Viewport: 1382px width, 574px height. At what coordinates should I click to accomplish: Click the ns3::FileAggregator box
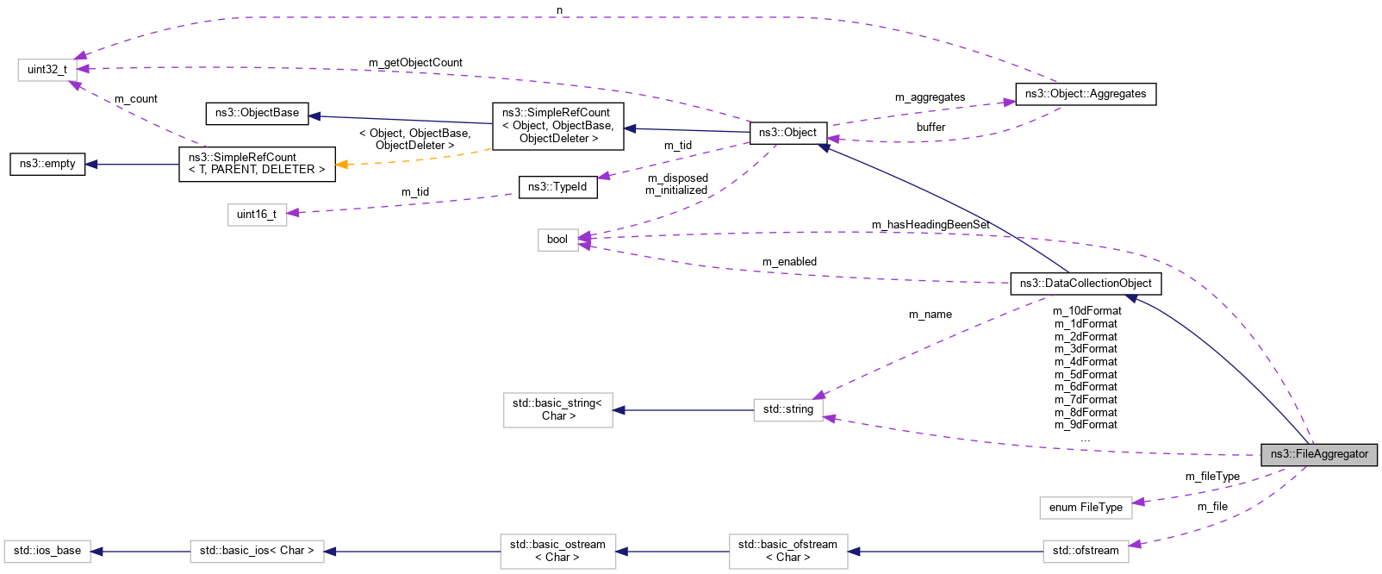point(1318,454)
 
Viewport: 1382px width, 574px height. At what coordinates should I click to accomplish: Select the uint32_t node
point(47,70)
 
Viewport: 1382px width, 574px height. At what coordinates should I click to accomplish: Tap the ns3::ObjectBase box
point(257,113)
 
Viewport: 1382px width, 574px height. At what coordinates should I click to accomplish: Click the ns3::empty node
point(47,164)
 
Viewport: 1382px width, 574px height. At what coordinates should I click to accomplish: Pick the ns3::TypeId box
point(557,187)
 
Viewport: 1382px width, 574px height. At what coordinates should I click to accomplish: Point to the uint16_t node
point(257,215)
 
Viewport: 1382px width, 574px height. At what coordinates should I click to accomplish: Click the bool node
point(557,240)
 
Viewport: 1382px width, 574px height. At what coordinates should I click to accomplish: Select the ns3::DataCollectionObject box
point(1086,284)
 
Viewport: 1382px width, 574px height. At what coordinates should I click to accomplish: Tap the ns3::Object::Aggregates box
point(1086,94)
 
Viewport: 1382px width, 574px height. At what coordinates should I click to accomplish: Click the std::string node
point(787,409)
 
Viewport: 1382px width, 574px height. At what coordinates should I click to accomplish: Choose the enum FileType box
point(1086,508)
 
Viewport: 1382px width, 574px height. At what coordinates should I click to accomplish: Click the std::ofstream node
point(1086,551)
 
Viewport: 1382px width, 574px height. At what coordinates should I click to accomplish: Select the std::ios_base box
point(47,551)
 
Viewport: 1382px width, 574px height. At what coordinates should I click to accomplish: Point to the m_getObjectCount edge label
point(415,63)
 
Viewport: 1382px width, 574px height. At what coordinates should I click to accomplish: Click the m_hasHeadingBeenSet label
point(931,225)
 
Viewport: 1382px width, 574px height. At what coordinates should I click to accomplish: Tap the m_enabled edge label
point(789,262)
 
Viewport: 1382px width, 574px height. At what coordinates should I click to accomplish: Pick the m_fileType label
point(1212,477)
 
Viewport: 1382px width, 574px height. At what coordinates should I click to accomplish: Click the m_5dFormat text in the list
point(1086,375)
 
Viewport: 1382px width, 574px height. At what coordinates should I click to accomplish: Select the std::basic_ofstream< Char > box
point(787,551)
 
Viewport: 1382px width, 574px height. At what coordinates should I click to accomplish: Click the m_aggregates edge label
point(930,97)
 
